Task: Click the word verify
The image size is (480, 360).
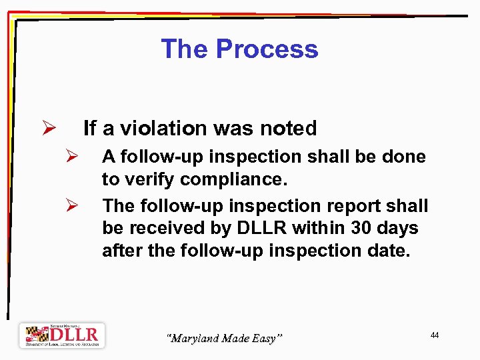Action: (149, 179)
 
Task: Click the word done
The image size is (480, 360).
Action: (403, 157)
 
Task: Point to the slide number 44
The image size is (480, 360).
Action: (434, 335)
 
